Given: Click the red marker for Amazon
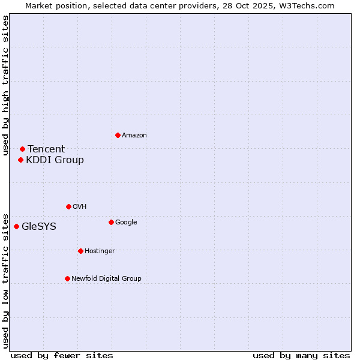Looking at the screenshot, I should coord(118,135).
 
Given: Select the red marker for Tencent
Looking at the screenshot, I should coord(22,149).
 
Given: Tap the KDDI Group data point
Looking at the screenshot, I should coord(20,160).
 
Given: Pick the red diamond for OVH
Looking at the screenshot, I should coord(68,206).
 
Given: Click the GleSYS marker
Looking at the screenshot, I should coord(16,226).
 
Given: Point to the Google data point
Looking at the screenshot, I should coord(111,222).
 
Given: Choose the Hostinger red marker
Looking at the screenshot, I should coord(80,251).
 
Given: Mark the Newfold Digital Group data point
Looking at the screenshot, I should coord(67,278).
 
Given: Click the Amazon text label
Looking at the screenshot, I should coord(134,136).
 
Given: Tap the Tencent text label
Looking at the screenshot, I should coord(46,149).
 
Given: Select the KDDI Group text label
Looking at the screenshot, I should coord(55,160).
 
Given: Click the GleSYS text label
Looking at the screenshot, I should coord(39,227).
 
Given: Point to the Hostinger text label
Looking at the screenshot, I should coord(100,251).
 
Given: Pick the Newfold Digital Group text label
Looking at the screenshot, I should coord(106,278).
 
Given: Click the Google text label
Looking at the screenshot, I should coord(126,223).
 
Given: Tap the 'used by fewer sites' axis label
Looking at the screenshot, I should coord(62,356).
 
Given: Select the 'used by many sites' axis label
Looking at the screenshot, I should coord(301,356).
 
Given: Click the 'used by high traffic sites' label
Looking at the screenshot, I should coord(6,85).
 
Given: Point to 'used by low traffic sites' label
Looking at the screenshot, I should coord(6,280).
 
